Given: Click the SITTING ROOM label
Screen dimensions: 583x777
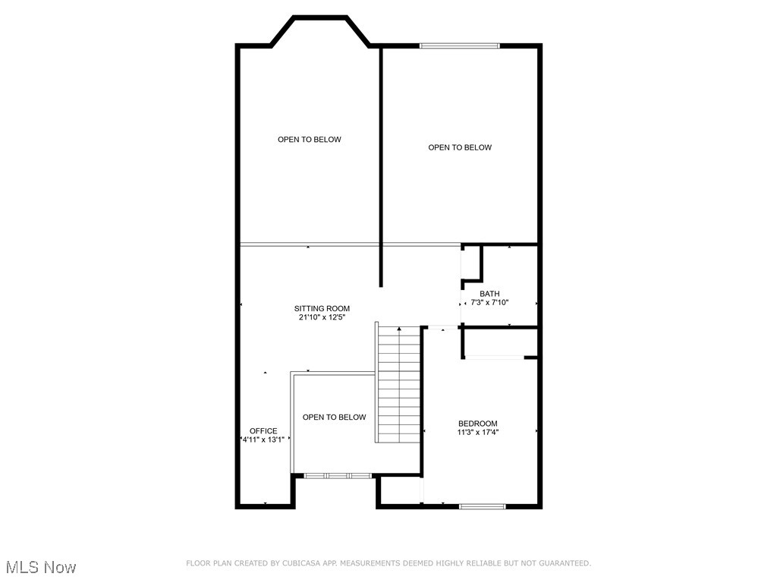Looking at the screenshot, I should (322, 308).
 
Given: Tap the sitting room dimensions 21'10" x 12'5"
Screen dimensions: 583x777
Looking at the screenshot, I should (322, 318).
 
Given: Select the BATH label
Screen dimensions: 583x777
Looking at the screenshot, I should (489, 294).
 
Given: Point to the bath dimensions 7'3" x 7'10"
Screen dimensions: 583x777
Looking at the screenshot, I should (489, 303).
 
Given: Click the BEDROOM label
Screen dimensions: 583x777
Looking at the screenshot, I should (478, 424).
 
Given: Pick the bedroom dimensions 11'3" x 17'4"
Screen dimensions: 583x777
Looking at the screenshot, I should (478, 433).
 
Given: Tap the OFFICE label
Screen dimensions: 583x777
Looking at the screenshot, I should (263, 431).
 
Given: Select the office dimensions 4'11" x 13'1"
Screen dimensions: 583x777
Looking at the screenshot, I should (263, 440).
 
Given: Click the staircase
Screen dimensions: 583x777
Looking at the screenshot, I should (399, 383).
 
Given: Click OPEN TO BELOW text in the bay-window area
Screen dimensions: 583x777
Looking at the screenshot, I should (309, 140).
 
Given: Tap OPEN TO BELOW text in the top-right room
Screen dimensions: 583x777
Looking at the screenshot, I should (460, 147).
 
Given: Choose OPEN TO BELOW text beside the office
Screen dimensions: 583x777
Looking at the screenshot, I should (334, 418).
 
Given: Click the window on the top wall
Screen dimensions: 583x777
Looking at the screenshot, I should (460, 46).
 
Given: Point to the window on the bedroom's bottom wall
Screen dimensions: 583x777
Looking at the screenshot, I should (483, 506).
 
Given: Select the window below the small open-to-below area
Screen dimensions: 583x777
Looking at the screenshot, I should (338, 476).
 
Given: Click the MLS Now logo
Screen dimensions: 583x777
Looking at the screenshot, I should (41, 567).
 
